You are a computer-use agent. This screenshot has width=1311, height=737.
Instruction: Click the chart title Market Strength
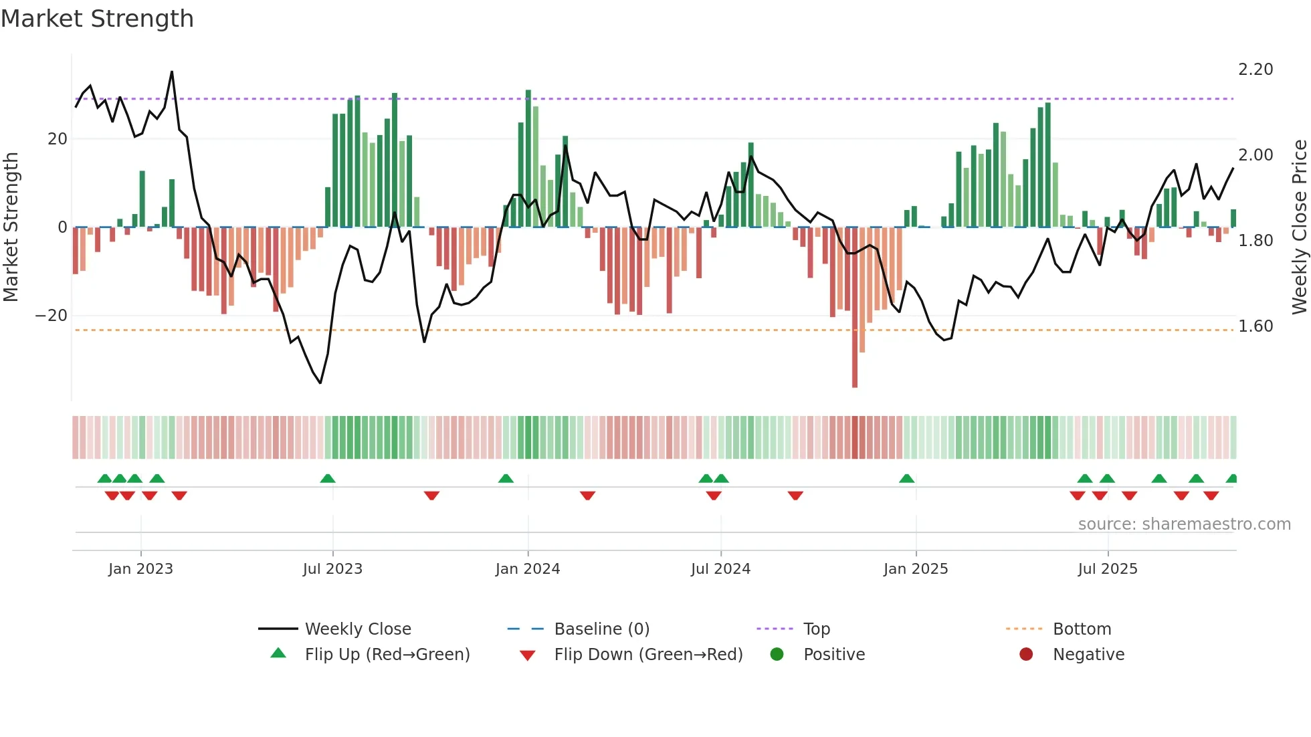[x=97, y=19]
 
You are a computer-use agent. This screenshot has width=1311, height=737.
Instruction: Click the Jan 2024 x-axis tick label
[x=527, y=569]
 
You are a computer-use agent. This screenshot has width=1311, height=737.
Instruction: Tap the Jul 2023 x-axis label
[x=332, y=569]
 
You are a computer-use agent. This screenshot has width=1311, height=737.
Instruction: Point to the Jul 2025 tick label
[x=1107, y=569]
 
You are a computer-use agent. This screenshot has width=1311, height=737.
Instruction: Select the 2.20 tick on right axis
[x=1255, y=70]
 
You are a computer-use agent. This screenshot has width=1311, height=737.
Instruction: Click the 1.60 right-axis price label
[x=1255, y=326]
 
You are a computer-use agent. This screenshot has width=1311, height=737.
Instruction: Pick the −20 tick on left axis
[x=51, y=316]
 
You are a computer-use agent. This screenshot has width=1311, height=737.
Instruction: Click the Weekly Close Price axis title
[x=1299, y=227]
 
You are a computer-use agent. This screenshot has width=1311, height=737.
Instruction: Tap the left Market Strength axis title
[x=11, y=227]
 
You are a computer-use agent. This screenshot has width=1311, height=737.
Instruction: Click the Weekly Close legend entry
[x=357, y=629]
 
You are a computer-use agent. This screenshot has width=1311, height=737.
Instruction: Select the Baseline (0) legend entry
[x=601, y=629]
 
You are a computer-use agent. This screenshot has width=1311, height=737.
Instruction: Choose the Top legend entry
[x=816, y=629]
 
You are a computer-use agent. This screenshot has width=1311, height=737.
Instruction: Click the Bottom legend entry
[x=1082, y=629]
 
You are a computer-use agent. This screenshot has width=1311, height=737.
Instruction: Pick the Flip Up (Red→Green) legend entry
[x=387, y=655]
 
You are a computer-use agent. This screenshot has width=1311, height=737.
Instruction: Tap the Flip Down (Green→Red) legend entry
[x=647, y=655]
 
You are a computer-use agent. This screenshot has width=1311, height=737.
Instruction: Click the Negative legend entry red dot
[x=1026, y=655]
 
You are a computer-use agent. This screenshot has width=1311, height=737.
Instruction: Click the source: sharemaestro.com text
[x=1184, y=524]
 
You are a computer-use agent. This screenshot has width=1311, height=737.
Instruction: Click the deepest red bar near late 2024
[x=855, y=308]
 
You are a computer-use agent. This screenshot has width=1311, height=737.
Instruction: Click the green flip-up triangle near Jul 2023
[x=328, y=479]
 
